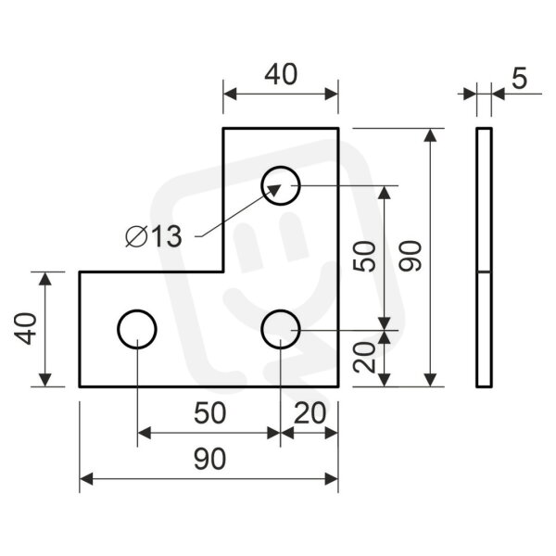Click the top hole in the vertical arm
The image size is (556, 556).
(281, 167)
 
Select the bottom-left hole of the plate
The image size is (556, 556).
(137, 310)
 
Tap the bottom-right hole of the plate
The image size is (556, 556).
(281, 310)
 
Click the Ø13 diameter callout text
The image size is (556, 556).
(154, 236)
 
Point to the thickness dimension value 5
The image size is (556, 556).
(520, 79)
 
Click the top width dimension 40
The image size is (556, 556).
(281, 74)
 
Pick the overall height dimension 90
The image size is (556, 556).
(411, 256)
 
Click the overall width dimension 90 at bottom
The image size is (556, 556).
(209, 459)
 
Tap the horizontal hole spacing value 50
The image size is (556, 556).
(209, 413)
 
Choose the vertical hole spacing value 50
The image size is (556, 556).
(364, 256)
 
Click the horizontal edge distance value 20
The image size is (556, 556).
(310, 413)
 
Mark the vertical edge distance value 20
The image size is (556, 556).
(364, 358)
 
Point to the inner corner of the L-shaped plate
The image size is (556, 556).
(223, 272)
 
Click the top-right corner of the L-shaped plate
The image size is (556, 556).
(338, 128)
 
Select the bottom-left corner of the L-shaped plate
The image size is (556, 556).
(80, 386)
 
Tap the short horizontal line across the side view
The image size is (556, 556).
(484, 272)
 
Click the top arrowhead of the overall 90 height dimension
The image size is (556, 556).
(430, 135)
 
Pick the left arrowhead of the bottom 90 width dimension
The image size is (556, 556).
(86, 479)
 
